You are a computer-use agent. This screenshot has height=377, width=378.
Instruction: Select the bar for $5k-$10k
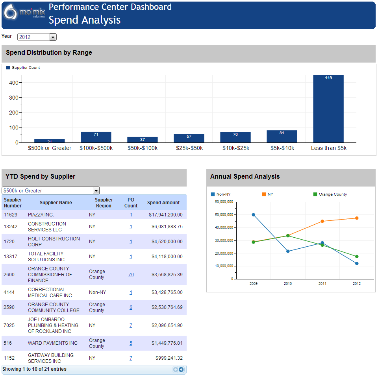click(282, 136)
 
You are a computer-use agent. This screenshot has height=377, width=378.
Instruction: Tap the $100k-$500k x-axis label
click(96, 148)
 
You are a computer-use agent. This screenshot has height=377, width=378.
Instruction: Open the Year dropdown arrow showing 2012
click(53, 37)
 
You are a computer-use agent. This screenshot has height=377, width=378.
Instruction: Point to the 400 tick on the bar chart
click(13, 83)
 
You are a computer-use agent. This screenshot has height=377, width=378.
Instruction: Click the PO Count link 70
click(131, 275)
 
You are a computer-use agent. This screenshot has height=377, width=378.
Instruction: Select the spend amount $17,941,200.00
click(165, 215)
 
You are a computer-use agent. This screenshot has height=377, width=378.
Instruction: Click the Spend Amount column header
click(163, 203)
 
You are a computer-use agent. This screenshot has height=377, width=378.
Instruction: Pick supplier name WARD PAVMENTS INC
click(53, 343)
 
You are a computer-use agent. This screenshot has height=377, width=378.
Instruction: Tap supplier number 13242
click(11, 227)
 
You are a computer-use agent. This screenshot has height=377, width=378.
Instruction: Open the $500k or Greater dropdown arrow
click(96, 190)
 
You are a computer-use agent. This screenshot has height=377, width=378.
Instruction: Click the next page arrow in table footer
click(181, 370)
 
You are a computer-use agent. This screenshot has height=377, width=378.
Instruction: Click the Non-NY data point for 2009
click(254, 215)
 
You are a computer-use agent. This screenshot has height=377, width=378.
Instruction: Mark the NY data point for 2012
click(357, 218)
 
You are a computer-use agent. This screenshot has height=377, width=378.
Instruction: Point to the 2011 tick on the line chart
click(322, 284)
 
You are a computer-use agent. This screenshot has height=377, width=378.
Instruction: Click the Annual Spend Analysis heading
click(245, 177)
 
